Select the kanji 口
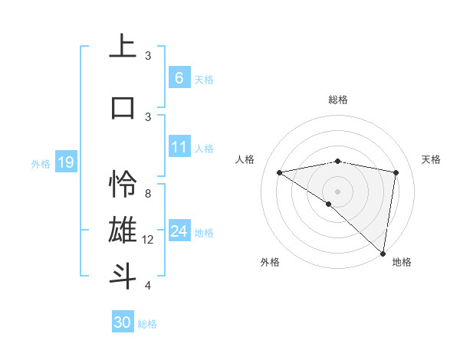[123, 106]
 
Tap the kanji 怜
[123, 184]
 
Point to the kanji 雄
[123, 230]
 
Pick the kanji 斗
[123, 276]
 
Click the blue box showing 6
[179, 77]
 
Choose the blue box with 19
[65, 162]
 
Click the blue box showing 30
[123, 322]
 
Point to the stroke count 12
[148, 240]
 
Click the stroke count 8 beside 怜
[148, 193]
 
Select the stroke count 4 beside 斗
[148, 286]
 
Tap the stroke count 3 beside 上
[148, 55]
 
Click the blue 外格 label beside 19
[40, 163]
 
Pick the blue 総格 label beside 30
[147, 324]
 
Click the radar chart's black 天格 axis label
[431, 159]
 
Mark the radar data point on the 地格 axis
[383, 253]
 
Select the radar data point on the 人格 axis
[279, 172]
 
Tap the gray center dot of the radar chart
[337, 190]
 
